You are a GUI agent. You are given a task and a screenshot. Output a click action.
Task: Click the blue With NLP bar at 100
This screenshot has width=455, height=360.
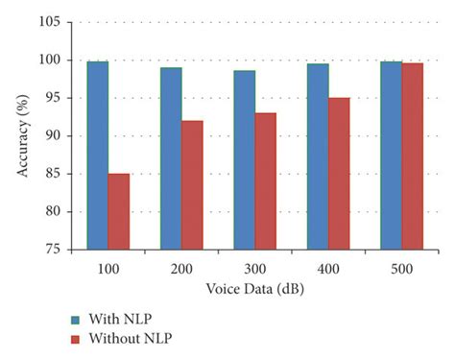pos(98,156)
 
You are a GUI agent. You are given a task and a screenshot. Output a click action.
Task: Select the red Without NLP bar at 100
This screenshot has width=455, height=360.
pos(119,211)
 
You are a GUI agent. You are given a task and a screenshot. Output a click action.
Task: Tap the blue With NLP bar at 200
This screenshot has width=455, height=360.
pos(171,158)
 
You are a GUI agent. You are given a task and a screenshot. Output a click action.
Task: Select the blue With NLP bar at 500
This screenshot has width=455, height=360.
pos(391,156)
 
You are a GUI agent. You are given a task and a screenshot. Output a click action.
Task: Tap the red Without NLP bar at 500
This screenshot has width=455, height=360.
pos(413,156)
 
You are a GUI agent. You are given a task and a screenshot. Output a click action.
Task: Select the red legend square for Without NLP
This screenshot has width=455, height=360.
pos(76,338)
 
